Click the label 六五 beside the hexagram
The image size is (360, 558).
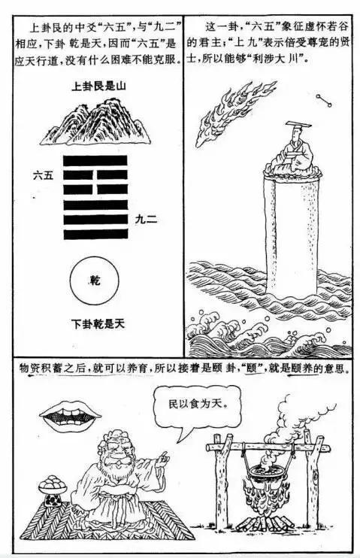coord(43,175)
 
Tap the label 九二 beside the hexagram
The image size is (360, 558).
coord(146,220)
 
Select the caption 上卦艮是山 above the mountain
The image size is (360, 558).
coord(98,86)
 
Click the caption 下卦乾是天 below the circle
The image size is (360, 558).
coord(98,324)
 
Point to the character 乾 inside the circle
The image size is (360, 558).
coord(95,281)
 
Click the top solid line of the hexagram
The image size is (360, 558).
coord(95,160)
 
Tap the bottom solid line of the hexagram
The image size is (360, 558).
coord(95,235)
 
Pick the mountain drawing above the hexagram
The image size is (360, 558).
coord(95,122)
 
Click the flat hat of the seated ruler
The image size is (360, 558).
coord(298,124)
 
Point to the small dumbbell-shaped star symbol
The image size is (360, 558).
coord(323,100)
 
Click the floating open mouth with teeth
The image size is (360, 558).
coord(70,417)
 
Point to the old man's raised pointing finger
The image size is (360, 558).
coord(164,456)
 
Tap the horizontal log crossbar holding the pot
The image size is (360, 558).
coord(268,447)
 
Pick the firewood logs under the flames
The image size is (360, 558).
coord(265,523)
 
